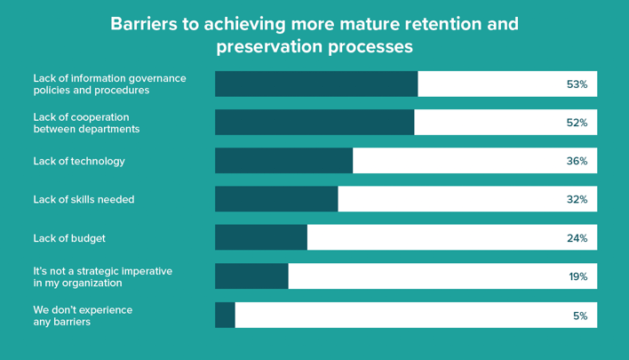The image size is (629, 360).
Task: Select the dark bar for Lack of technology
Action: point(283,161)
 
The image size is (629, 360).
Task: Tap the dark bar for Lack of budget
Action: point(261,237)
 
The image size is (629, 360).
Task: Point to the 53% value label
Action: point(577,84)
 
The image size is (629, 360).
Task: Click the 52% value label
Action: point(577,123)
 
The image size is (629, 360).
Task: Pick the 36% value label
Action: point(577,161)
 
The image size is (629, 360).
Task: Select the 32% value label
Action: point(577,199)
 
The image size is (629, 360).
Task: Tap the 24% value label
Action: point(577,237)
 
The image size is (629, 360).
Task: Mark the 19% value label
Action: point(577,276)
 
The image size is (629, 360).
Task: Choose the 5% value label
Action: point(580,315)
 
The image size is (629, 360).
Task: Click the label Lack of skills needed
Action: point(84,199)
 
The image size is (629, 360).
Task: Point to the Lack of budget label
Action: point(69,237)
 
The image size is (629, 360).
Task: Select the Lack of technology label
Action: point(79,161)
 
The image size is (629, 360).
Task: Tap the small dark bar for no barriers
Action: point(225,315)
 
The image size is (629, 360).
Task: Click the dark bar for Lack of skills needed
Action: point(276,199)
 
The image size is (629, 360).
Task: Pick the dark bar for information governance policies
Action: point(316,84)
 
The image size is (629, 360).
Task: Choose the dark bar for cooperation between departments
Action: point(314,123)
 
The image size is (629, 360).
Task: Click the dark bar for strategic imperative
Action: point(251,276)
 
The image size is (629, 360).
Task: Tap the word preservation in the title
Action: point(264,44)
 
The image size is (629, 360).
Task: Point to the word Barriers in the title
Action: point(143,23)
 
